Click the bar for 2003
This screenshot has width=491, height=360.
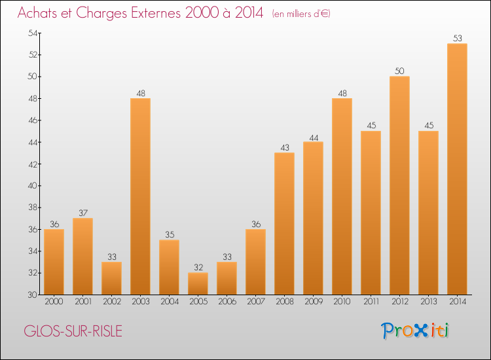tap(140, 196)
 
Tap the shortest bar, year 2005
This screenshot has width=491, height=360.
tap(198, 283)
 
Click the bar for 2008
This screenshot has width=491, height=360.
tap(284, 223)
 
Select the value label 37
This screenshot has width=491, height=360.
tap(82, 213)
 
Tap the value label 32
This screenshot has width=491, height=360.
tap(198, 268)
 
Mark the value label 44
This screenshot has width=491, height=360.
tap(313, 137)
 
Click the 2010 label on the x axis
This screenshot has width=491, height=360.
tap(342, 302)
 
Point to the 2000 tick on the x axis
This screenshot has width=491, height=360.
tap(54, 302)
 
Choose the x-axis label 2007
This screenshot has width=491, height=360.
tap(255, 302)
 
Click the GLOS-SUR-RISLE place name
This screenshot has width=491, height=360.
tap(73, 331)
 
